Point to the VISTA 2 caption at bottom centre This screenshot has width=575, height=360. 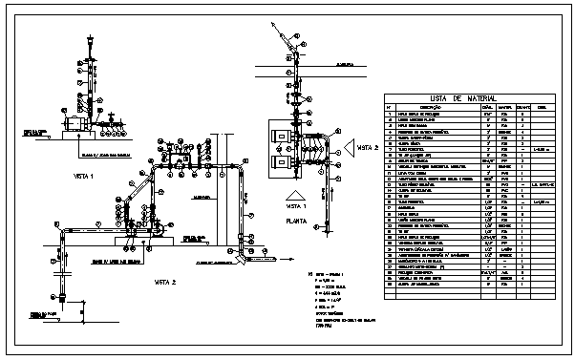pyautogui.click(x=167, y=283)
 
